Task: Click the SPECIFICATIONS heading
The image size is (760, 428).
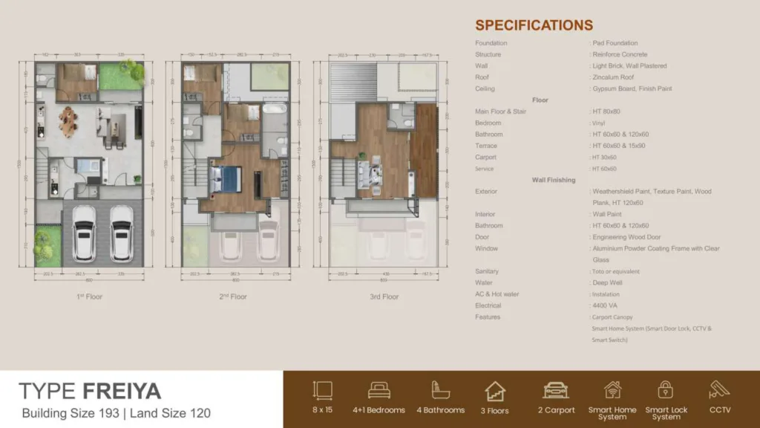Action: pos(534,25)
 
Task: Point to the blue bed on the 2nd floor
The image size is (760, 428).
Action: pos(227,178)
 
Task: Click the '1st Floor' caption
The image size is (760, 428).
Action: pos(88,297)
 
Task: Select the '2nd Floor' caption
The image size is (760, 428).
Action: pos(232,297)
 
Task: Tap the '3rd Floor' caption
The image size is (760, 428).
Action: pos(384,297)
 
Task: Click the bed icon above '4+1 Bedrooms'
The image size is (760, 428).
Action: pos(379,390)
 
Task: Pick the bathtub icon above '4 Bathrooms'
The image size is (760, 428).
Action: pos(440,390)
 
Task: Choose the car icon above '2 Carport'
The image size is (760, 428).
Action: pos(555,390)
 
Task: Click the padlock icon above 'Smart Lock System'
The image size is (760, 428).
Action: pos(666,390)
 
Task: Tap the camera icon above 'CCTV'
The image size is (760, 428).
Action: pos(719,390)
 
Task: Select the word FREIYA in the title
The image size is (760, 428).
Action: pos(122,391)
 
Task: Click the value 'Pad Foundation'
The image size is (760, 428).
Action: pos(615,43)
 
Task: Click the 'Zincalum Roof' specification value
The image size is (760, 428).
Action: pos(613,77)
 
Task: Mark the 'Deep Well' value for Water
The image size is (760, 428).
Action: pos(608,283)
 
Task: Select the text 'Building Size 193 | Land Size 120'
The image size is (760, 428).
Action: pos(117,413)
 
